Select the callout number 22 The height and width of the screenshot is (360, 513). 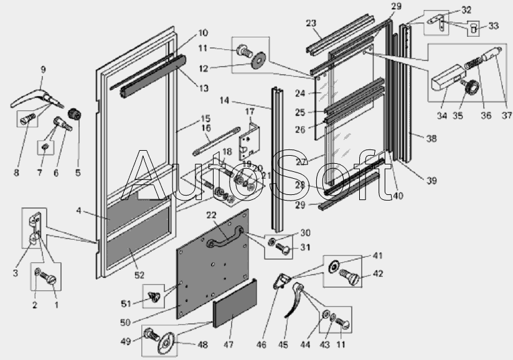212,214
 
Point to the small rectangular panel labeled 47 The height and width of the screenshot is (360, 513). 235,307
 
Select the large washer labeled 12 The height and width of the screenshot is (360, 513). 256,62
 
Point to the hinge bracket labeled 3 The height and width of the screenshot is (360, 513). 35,231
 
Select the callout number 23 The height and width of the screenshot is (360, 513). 311,23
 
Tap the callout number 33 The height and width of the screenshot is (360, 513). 493,26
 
